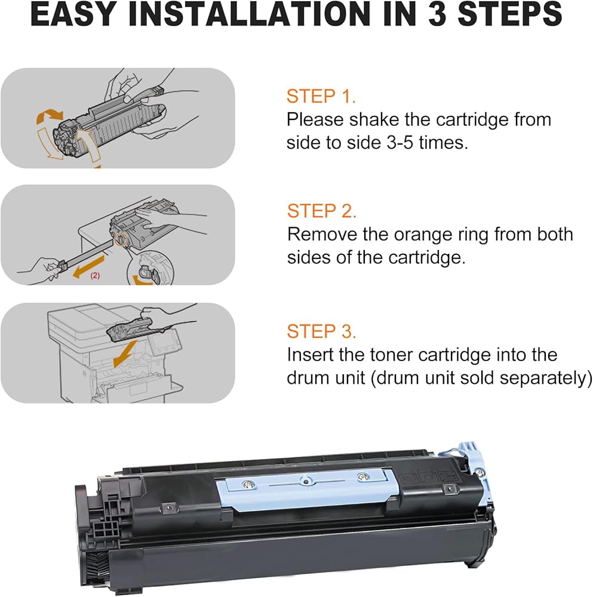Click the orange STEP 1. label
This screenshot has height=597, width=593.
coord(321,96)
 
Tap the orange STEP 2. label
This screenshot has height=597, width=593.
coord(321,211)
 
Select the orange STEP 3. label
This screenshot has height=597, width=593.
coord(321,331)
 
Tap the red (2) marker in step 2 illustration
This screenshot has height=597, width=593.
coord(95,276)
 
